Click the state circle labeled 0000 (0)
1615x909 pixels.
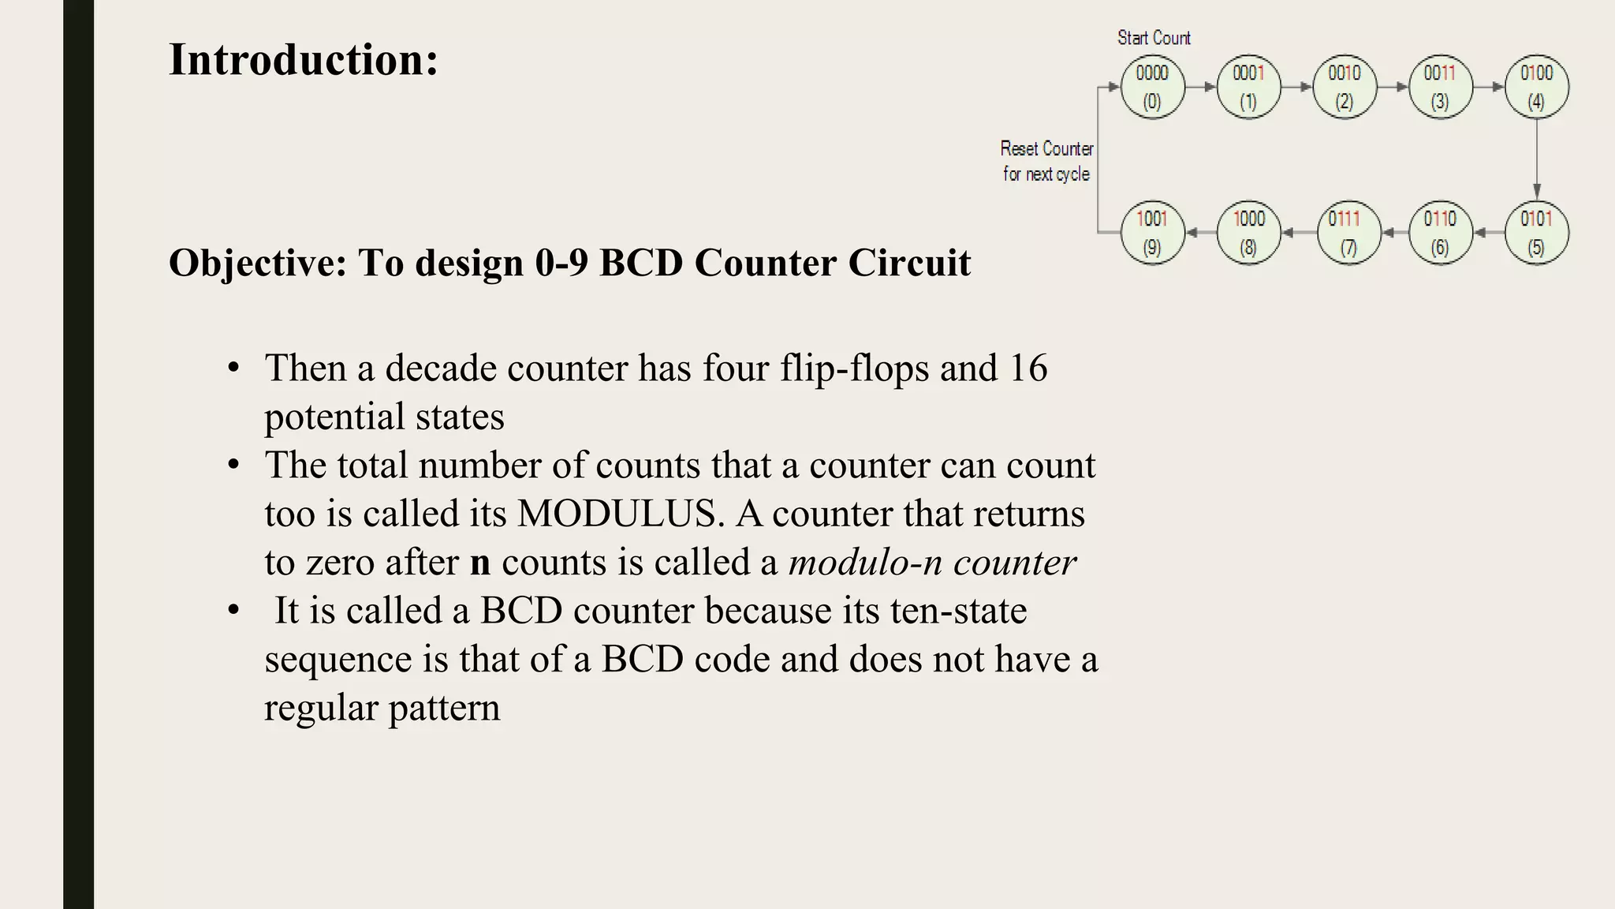coord(1152,87)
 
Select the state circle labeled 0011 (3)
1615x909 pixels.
coord(1440,87)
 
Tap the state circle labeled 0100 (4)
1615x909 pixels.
coord(1536,87)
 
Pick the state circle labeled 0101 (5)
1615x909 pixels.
coord(1536,233)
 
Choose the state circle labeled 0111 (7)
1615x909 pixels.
coord(1348,233)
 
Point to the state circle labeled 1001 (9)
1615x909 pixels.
coord(1152,233)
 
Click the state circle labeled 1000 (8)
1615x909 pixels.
coord(1248,233)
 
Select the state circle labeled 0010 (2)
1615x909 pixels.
coord(1345,87)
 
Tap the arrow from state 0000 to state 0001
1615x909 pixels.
coord(1200,87)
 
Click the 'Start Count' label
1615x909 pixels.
coord(1154,38)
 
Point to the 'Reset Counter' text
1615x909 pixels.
coord(1046,149)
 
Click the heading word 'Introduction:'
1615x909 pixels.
coord(304,60)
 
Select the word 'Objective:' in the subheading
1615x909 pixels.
coord(258,263)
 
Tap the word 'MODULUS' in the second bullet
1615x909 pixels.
coord(620,514)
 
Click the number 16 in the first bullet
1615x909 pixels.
coord(1028,368)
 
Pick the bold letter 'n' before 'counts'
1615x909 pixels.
coord(480,563)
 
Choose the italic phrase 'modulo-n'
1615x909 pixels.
coord(865,563)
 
